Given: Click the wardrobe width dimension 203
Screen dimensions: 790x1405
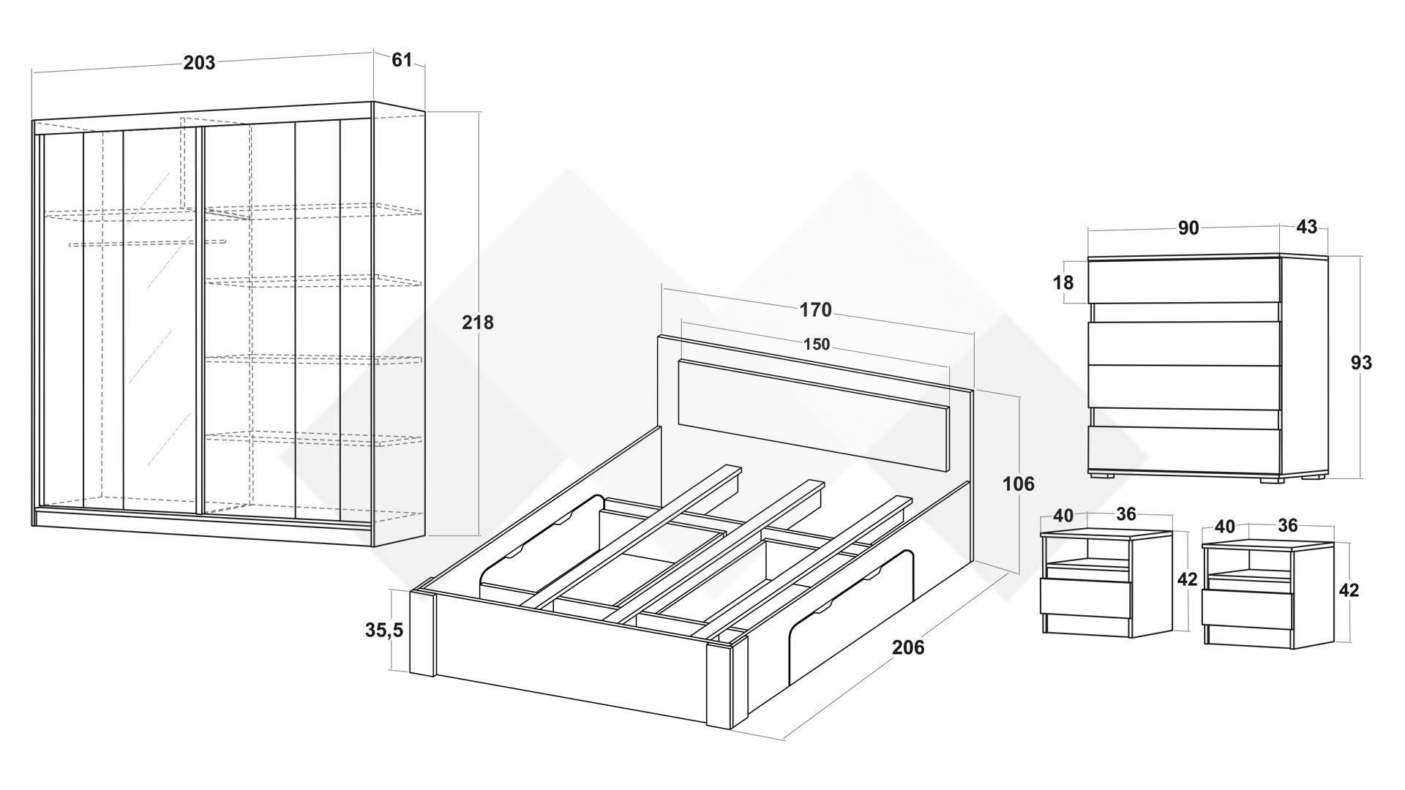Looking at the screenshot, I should point(199,63).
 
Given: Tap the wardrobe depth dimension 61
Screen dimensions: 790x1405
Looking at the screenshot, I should point(402,60).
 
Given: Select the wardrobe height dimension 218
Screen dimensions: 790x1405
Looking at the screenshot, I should point(478,323).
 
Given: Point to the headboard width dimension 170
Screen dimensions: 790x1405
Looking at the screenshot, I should point(815,310).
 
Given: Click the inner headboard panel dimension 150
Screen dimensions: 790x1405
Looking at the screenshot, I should point(817,344).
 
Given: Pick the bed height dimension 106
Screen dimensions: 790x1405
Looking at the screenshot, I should point(1019,484).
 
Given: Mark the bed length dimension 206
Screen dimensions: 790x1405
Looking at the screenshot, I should point(908,647).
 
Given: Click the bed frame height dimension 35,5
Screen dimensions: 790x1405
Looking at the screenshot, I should point(384,630).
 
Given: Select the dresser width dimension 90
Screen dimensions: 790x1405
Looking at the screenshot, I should point(1188,228).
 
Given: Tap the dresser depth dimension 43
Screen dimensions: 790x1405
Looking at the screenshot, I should point(1306,227).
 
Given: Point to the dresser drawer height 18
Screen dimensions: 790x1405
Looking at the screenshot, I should point(1063,282).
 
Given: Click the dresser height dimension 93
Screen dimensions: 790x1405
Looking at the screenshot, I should point(1361,363).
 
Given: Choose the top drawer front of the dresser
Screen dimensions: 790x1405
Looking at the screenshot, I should point(1183,281).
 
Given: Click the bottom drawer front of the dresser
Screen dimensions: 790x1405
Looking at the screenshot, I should point(1183,449).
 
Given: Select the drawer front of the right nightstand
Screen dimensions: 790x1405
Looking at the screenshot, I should point(1247,609).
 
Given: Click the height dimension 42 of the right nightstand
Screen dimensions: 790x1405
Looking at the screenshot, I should point(1348,590).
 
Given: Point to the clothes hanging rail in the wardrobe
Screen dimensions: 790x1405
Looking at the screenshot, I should point(146,243).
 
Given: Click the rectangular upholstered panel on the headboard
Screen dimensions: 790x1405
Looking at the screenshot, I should point(813,415).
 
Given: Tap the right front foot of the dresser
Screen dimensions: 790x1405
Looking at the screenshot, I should point(1272,481).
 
